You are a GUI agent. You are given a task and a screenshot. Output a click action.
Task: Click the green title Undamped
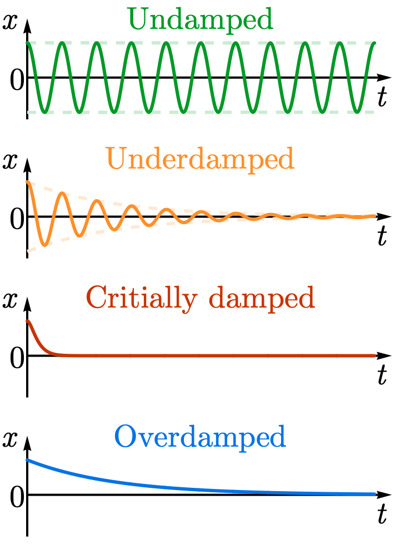tap(201, 20)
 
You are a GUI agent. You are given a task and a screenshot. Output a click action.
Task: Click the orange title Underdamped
tap(201, 160)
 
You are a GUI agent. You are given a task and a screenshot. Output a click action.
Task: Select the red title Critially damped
tap(201, 299)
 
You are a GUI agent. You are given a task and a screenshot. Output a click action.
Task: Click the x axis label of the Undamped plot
tap(9, 22)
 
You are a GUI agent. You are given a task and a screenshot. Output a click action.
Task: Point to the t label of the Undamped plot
tap(382, 97)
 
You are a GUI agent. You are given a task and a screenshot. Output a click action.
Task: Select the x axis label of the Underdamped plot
tap(9, 161)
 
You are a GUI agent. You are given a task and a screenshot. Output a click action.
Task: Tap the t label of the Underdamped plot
tap(382, 236)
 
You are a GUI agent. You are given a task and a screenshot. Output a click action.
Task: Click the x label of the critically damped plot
tap(9, 300)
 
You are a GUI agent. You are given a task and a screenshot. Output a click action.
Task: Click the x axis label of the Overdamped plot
tap(9, 439)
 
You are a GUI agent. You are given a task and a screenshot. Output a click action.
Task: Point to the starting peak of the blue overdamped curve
tap(27, 460)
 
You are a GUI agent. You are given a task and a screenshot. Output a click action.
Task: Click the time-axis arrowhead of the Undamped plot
tap(385, 77)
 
